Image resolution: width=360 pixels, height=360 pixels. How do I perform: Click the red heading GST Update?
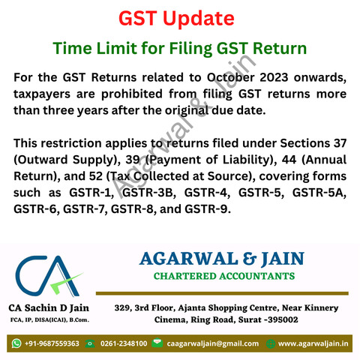pyautogui.click(x=176, y=19)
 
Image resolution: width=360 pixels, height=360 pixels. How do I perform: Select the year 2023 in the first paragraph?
pyautogui.click(x=274, y=77)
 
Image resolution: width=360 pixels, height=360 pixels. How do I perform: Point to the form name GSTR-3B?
pyautogui.click(x=149, y=193)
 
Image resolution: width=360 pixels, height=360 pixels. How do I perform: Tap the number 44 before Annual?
pyautogui.click(x=289, y=160)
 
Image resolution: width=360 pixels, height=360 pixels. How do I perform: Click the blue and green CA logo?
pyautogui.click(x=48, y=276)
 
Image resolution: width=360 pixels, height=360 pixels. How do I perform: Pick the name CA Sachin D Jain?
pyautogui.click(x=49, y=308)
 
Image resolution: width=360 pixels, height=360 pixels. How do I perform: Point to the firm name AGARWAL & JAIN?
pyautogui.click(x=222, y=259)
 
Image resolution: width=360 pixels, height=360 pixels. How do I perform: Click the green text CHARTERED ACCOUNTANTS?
pyautogui.click(x=224, y=276)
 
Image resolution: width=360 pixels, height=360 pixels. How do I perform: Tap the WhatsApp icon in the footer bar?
pyautogui.click(x=16, y=343)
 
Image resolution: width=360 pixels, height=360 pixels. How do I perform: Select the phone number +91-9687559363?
pyautogui.click(x=52, y=343)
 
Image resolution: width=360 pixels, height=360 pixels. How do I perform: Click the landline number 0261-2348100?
pyautogui.click(x=124, y=343)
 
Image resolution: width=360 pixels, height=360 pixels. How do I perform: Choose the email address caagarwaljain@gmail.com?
pyautogui.click(x=213, y=343)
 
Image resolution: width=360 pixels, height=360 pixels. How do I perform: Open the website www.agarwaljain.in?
pyautogui.click(x=313, y=343)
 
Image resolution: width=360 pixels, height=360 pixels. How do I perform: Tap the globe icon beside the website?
pyautogui.click(x=271, y=343)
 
